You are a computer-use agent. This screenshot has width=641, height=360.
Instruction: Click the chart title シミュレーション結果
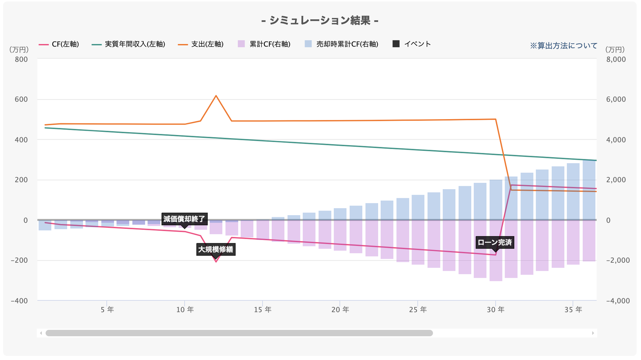click(320, 20)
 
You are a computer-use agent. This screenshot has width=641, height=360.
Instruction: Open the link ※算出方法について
click(563, 46)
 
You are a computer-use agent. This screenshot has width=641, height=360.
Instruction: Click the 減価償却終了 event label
click(184, 219)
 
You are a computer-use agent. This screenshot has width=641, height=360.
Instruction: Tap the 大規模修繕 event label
click(215, 250)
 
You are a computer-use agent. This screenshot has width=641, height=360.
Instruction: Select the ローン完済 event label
click(495, 242)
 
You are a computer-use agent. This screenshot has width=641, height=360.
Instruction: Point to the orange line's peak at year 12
click(216, 96)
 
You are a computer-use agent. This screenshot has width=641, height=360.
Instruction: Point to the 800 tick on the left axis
click(21, 59)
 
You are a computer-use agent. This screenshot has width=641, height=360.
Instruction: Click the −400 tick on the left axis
click(19, 301)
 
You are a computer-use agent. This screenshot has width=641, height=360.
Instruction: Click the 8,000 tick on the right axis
click(616, 59)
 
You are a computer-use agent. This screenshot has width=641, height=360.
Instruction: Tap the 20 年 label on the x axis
click(340, 310)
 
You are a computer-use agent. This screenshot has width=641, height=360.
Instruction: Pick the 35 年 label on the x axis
click(573, 310)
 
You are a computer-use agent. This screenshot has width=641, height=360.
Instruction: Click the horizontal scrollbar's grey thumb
click(239, 333)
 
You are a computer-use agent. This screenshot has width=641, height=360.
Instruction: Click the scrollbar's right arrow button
click(593, 333)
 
